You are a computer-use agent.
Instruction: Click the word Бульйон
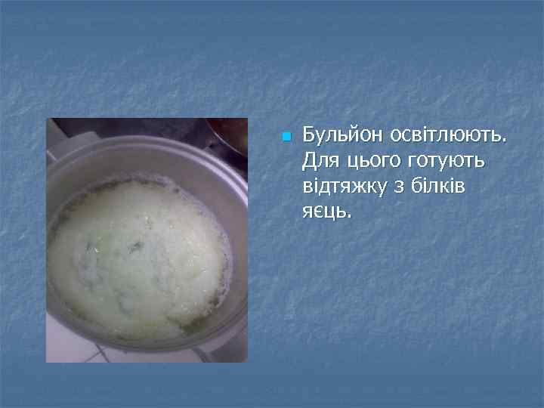[x=343, y=136]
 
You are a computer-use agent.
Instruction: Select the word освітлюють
[x=449, y=136]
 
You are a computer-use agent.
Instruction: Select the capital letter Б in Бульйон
[x=308, y=136]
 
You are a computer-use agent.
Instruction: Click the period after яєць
[x=350, y=216]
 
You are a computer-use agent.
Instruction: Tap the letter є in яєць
[x=321, y=212]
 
